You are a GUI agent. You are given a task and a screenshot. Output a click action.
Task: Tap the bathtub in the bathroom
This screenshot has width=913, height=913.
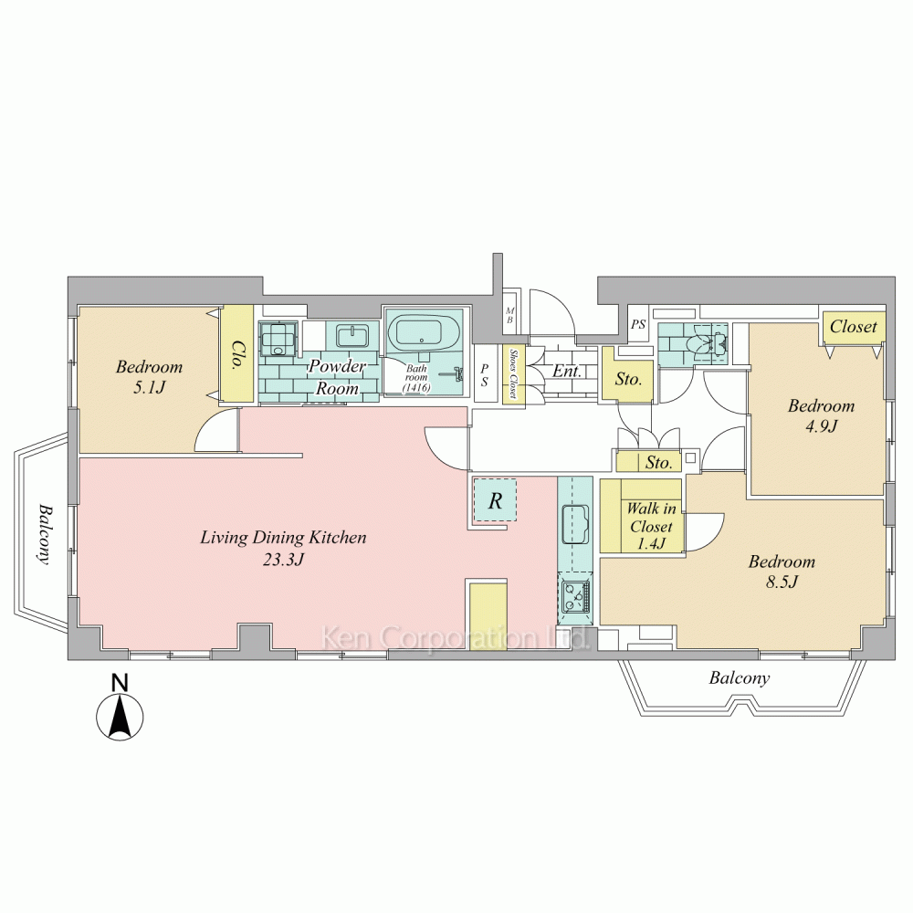click(424, 333)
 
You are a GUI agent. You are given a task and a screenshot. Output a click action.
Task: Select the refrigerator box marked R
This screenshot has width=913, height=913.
click(494, 500)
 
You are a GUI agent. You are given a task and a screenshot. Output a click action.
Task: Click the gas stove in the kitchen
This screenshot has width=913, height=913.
click(574, 596)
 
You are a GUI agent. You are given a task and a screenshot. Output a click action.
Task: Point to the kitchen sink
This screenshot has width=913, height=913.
click(575, 523)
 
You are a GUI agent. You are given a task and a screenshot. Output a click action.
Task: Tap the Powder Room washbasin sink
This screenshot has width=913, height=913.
click(352, 337)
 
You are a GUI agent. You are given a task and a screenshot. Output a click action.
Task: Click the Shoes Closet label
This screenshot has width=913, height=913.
click(513, 373)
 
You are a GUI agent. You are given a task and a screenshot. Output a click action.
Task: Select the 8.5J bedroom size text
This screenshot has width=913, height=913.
click(782, 581)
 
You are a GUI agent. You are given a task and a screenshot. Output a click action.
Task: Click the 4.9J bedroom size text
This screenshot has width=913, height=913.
click(821, 425)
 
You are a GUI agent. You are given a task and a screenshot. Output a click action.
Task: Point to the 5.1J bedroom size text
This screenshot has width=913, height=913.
click(149, 386)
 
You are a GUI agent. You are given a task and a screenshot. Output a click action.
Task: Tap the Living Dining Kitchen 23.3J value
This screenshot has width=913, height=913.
click(284, 560)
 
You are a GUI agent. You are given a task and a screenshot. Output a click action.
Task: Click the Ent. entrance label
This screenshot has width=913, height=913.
click(567, 371)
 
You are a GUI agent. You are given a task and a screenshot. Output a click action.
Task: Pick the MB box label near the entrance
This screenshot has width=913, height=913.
click(510, 316)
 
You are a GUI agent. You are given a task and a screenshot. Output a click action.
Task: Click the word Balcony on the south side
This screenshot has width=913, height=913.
click(739, 678)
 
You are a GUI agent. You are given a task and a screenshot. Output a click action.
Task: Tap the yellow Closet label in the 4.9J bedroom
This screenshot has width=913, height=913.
click(853, 326)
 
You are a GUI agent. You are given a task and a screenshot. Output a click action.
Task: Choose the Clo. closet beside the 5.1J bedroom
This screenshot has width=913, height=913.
click(237, 354)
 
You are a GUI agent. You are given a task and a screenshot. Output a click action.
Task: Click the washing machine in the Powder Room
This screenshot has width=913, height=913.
click(278, 339)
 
